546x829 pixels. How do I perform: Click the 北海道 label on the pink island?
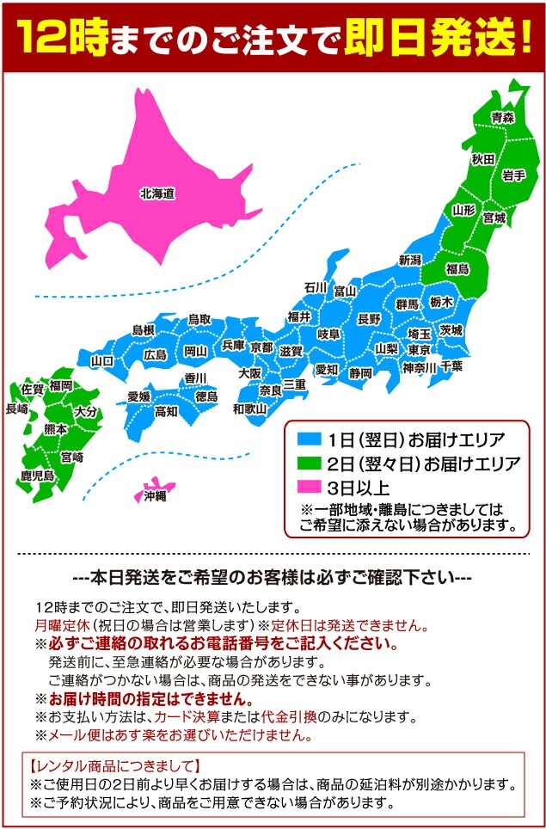157,194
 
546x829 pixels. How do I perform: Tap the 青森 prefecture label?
502,117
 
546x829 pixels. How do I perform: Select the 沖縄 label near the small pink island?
156,496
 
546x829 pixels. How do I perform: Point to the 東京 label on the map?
420,350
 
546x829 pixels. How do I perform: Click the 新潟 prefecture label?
410,260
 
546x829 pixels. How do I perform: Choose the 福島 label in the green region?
457,269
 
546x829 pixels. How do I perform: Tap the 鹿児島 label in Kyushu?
37,475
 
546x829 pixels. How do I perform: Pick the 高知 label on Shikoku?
166,412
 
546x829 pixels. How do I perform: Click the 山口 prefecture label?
102,361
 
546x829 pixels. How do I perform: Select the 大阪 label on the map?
250,373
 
